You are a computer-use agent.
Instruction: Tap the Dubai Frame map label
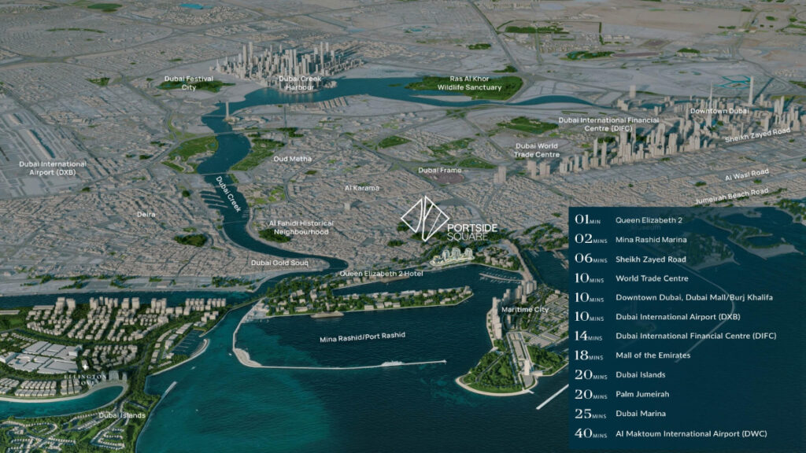(x=439, y=170)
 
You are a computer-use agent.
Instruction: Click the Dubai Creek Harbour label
(x=296, y=83)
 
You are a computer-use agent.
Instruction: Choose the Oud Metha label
(x=292, y=159)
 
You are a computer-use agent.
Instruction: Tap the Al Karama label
(x=362, y=188)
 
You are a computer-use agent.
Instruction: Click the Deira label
(x=146, y=214)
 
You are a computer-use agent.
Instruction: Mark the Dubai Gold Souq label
(x=279, y=262)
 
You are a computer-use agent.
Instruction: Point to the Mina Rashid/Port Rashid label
(x=362, y=335)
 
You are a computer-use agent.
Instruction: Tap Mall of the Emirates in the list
(x=653, y=355)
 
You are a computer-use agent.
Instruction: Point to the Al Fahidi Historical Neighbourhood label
(x=298, y=227)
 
